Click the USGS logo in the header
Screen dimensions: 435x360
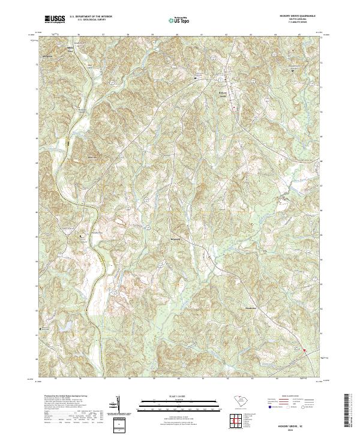tap(55, 20)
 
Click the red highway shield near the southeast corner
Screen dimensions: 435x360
tap(304, 350)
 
